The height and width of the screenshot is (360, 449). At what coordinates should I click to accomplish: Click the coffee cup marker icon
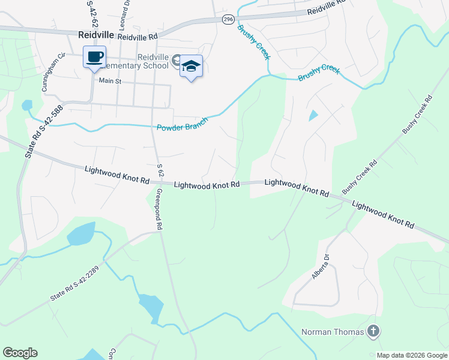95,57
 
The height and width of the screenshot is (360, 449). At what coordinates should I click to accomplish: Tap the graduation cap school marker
191,66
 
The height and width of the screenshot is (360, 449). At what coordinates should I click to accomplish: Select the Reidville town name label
96,35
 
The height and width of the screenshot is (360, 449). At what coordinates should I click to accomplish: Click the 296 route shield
228,20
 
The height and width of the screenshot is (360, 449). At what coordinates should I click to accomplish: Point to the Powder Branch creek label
182,124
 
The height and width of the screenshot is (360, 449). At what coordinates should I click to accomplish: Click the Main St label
110,80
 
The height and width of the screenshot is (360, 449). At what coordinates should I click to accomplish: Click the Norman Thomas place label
333,332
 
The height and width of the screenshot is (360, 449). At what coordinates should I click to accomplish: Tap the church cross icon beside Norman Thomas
373,331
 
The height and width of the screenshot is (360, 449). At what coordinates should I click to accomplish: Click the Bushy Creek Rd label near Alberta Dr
359,176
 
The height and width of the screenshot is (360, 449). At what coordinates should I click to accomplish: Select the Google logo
20,353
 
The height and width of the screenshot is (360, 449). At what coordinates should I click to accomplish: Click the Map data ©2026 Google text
411,355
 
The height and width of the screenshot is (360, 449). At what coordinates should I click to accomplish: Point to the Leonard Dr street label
127,10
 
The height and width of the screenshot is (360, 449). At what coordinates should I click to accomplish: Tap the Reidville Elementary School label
152,61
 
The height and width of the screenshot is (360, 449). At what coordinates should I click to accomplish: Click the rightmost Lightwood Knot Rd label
383,215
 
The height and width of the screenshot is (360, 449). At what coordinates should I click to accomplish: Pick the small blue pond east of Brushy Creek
312,115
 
